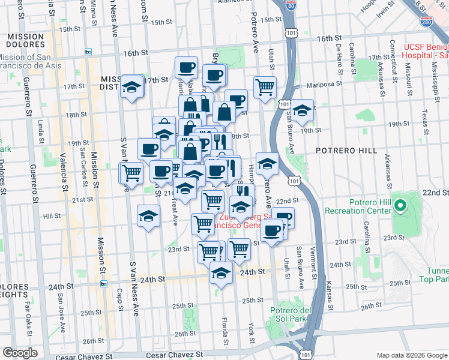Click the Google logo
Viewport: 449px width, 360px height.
[x=20, y=353]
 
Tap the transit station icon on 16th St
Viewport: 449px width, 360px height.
[x=88, y=52]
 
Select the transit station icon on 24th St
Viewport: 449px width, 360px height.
[x=104, y=283]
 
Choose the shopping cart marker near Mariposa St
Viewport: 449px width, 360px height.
[x=265, y=88]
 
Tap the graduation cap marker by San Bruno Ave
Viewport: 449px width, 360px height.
[x=302, y=110]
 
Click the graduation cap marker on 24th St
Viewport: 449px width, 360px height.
[x=221, y=274]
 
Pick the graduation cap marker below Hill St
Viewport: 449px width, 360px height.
[x=148, y=217]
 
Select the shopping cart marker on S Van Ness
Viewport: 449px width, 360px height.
[x=131, y=173]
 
